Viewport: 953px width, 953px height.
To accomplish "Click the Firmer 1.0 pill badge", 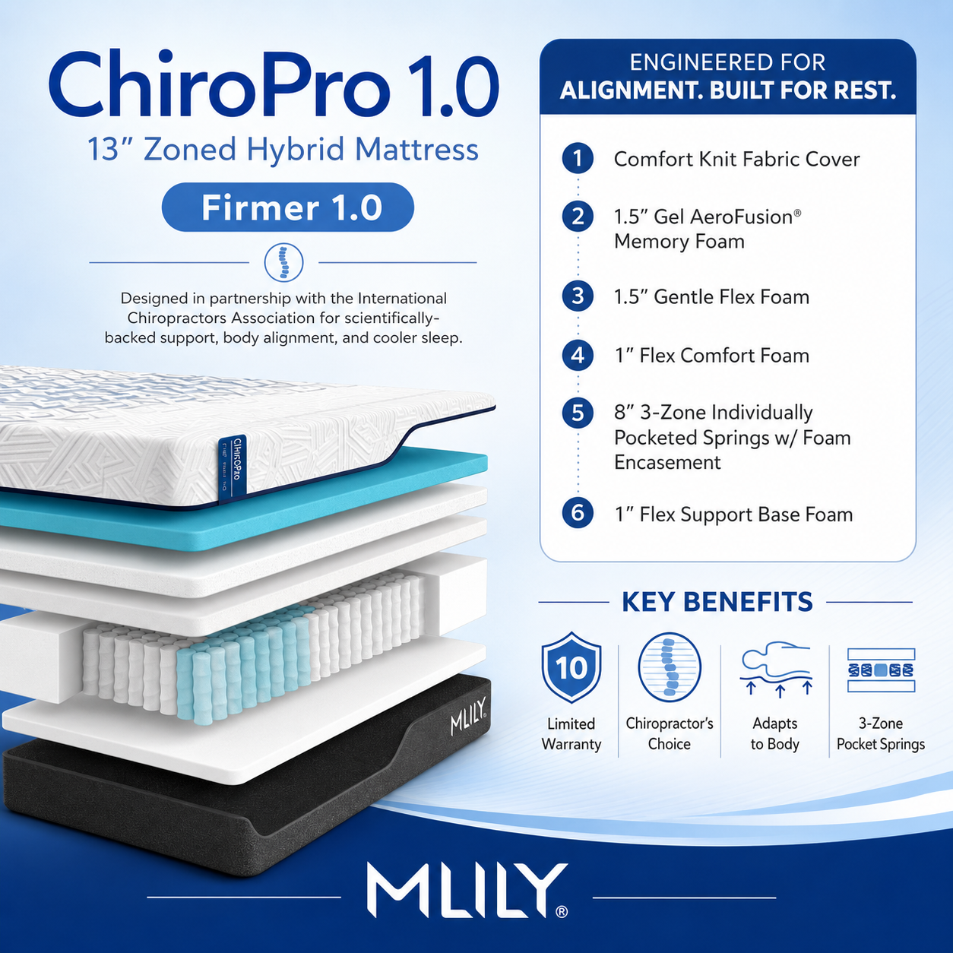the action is coord(287,207).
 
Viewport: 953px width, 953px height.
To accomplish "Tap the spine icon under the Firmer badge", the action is coord(283,262).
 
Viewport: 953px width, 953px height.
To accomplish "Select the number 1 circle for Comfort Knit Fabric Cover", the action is coord(578,158).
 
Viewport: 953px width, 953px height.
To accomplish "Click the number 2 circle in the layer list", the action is coord(578,217).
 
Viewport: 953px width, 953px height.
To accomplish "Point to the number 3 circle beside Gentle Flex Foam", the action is coord(578,296).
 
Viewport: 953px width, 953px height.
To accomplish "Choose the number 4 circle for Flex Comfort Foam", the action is coord(578,355).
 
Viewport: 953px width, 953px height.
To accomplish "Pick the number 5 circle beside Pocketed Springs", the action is coord(578,413).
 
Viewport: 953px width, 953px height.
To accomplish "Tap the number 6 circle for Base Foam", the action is coord(578,513).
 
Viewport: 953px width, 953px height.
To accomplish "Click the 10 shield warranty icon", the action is coord(571,667).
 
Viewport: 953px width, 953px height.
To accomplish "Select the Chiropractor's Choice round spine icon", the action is coord(670,667).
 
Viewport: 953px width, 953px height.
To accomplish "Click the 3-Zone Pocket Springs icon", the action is coord(881,670).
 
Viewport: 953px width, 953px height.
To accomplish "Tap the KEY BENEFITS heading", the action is coord(717,602).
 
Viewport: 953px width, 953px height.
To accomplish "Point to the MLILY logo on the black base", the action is coord(468,716).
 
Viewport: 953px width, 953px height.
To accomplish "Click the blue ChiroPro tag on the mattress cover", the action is coord(232,469).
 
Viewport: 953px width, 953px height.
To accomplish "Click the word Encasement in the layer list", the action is coord(667,463).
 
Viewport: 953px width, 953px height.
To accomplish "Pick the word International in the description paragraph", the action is coord(402,298).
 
